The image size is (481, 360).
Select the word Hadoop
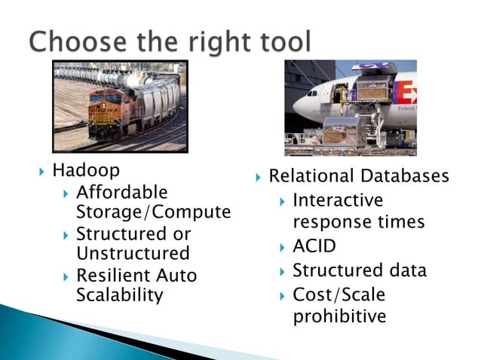[86, 171]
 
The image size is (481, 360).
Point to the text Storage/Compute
[153, 213]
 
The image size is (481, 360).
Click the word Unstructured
[133, 255]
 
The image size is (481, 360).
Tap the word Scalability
[119, 295]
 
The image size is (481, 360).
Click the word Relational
[311, 177]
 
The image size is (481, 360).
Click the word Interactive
[338, 201]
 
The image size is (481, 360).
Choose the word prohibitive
[339, 316]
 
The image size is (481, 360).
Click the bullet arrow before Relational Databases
[257, 178]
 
